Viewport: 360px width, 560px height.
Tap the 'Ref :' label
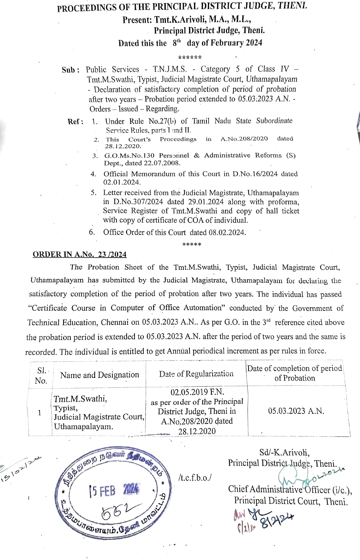click(75, 122)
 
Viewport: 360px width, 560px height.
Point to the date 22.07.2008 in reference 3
click(162, 163)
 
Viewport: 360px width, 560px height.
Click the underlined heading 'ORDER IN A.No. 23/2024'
click(79, 255)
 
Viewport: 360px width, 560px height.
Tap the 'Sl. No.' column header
click(41, 375)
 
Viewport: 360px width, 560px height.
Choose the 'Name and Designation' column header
click(100, 375)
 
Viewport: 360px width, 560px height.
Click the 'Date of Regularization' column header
click(196, 374)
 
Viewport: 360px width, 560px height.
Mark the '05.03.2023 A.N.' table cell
click(296, 411)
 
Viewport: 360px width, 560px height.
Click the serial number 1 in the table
click(40, 413)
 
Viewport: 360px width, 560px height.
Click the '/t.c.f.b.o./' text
click(195, 478)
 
